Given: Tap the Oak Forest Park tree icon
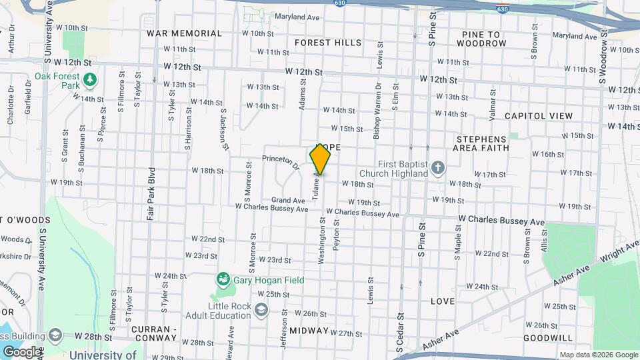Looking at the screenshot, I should pos(90,81).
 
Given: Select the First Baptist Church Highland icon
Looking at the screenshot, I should pos(437,167).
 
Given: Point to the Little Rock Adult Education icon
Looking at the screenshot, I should pos(261,309).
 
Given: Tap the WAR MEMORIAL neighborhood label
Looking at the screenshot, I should pos(184,33).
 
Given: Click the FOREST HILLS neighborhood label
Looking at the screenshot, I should pos(328,43).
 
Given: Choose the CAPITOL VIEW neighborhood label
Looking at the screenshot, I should pos(539,116).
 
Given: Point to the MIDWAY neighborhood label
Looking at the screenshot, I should pos(308,330).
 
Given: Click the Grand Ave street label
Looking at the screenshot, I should pos(288,200).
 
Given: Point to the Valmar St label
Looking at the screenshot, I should pos(493,105).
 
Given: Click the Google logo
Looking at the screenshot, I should pos(22,351).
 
